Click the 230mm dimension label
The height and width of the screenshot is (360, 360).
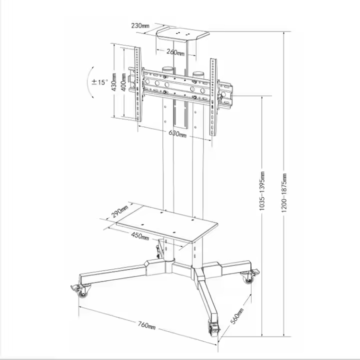coord(140,25)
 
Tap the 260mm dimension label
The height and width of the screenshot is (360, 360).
coord(175,52)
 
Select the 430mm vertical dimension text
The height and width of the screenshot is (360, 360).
coord(114,82)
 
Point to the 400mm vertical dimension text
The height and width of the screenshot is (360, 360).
coord(123,82)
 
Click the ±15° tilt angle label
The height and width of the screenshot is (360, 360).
coord(99,82)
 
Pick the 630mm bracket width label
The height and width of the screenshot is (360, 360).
coord(177,133)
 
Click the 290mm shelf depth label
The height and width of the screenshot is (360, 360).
coord(119,211)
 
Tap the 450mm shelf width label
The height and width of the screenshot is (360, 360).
coord(140,236)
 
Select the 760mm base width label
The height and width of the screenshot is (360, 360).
coord(146,325)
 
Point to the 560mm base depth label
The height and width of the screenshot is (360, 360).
coord(237,316)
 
